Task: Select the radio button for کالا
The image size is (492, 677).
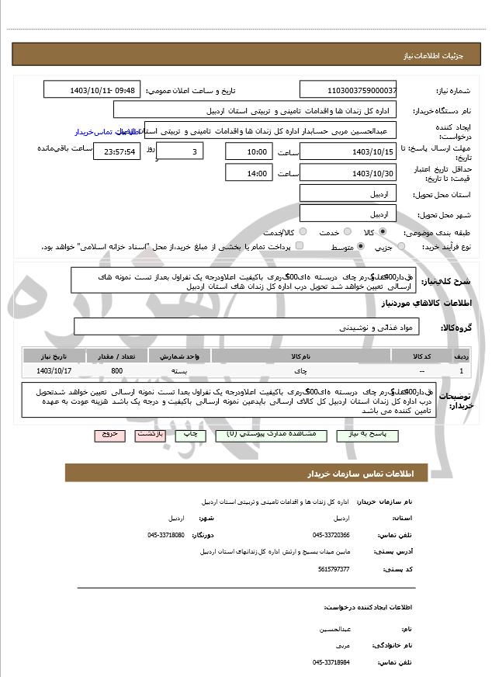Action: (x=383, y=231)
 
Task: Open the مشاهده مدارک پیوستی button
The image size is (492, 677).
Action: (x=265, y=436)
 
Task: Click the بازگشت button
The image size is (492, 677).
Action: (x=151, y=436)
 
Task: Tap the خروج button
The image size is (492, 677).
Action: (x=109, y=436)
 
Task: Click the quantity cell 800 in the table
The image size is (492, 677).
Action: (x=116, y=370)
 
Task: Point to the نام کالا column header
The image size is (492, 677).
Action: (x=300, y=356)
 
